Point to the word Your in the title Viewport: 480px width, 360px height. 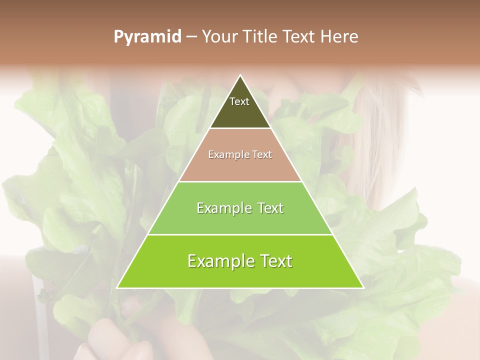pyautogui.click(x=219, y=37)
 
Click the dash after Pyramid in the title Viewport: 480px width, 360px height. pyautogui.click(x=191, y=37)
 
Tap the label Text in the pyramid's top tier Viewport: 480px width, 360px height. pyautogui.click(x=239, y=101)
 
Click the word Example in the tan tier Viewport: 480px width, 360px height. pyautogui.click(x=224, y=155)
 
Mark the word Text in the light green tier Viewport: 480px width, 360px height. pyautogui.click(x=268, y=208)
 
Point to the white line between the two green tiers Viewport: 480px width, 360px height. pyautogui.click(x=240, y=234)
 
